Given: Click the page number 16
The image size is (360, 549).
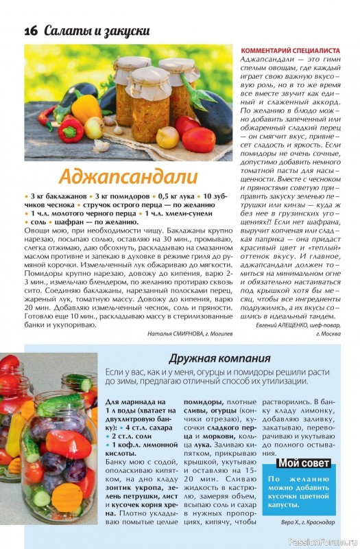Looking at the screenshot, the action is pyautogui.click(x=30, y=31).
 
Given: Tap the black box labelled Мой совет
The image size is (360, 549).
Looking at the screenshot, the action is pyautogui.click(x=302, y=463).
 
